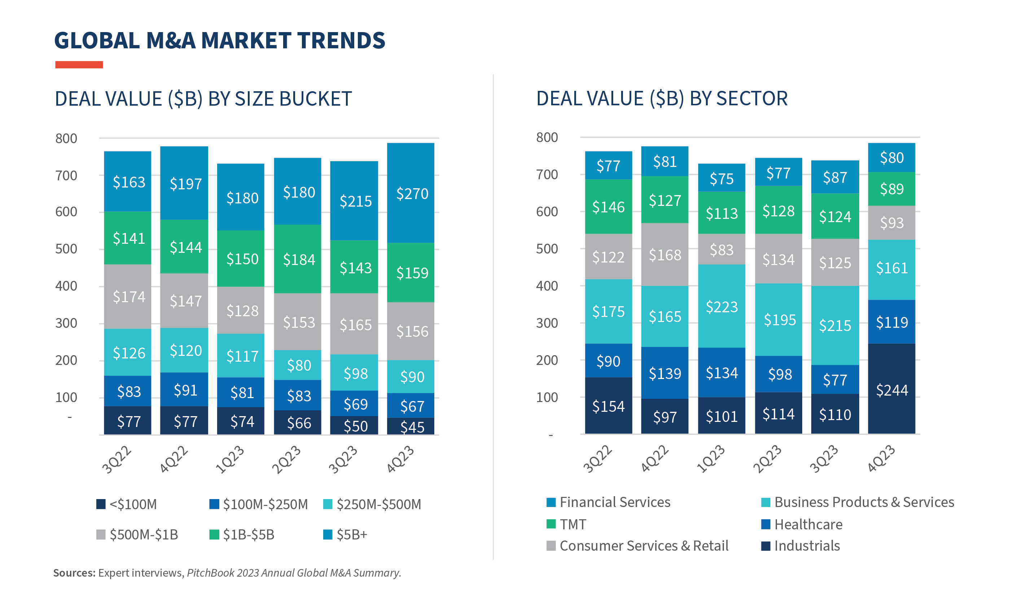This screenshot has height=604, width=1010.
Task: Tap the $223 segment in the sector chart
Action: click(x=721, y=306)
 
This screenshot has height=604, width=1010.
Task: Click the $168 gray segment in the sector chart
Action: click(x=664, y=254)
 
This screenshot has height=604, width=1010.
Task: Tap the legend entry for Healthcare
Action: click(x=808, y=524)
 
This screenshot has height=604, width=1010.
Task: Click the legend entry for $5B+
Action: click(x=351, y=534)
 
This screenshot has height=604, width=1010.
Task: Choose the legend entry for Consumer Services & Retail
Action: click(x=643, y=545)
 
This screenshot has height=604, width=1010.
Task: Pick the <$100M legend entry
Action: click(x=133, y=504)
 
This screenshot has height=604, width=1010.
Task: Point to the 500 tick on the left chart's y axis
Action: click(x=66, y=249)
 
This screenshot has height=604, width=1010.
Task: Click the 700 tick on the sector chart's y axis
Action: click(x=547, y=175)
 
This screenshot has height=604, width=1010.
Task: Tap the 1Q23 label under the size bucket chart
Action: click(x=230, y=460)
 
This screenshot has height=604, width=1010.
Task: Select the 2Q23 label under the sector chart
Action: click(x=767, y=459)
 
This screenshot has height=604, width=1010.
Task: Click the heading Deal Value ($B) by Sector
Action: click(x=662, y=98)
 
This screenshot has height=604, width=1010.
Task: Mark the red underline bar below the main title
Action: click(x=79, y=65)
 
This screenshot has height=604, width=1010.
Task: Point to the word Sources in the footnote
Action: click(x=74, y=573)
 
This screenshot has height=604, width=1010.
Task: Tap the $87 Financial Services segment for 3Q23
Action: click(x=835, y=177)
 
